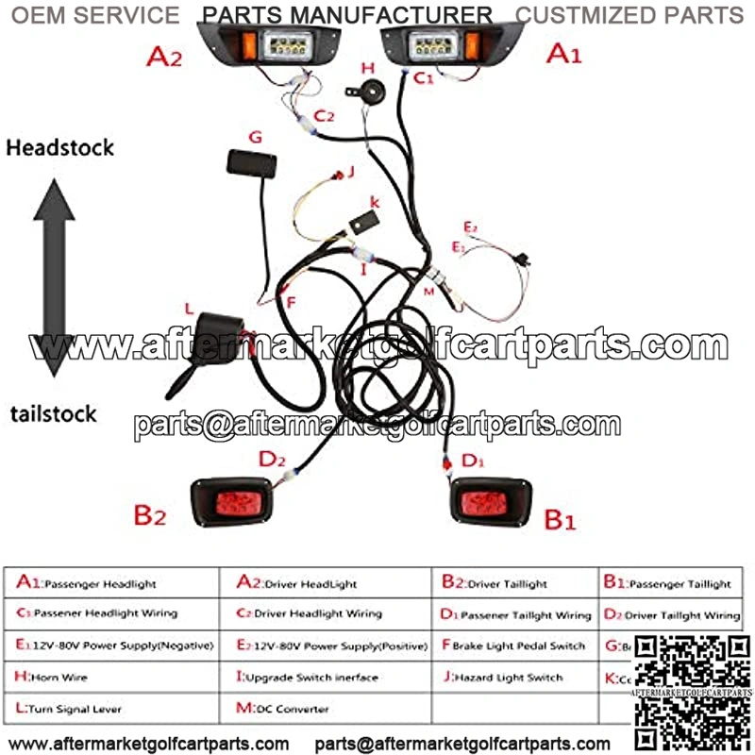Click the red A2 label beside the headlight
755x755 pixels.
[x=163, y=59]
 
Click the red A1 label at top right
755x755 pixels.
[x=564, y=54]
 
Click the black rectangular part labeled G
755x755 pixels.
[x=255, y=160]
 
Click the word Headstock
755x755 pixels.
[x=59, y=147]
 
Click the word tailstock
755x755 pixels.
[x=54, y=413]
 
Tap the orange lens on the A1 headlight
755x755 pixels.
[x=473, y=45]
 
